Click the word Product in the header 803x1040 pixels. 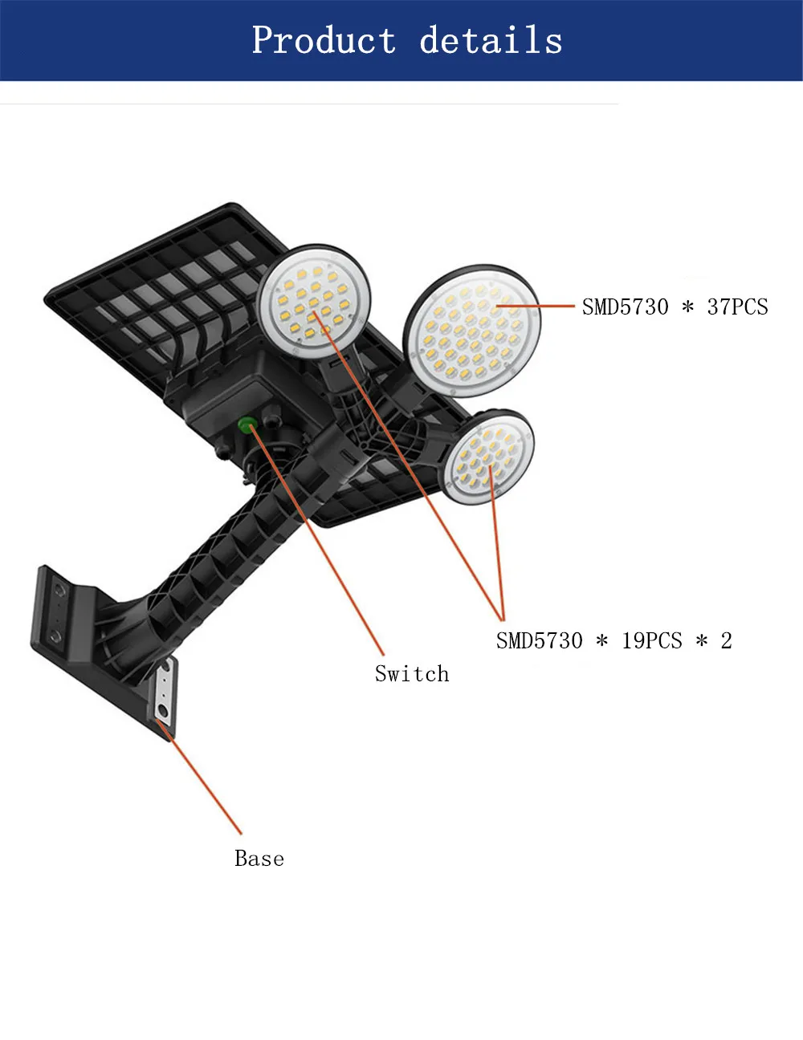point(324,40)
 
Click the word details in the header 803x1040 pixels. point(491,40)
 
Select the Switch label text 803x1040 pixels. point(412,673)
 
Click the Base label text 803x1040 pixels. point(259,858)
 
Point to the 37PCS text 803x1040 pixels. point(737,307)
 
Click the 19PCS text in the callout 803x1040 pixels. point(651,640)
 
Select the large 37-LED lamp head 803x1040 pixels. point(472,331)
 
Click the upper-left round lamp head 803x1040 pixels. point(314,300)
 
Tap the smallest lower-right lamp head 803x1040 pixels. point(487,457)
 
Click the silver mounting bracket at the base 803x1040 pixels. point(164,692)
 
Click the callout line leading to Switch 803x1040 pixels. point(321,546)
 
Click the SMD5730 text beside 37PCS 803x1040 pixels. point(625,307)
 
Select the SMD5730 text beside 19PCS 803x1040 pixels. point(539,640)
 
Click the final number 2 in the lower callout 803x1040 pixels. point(726,640)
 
